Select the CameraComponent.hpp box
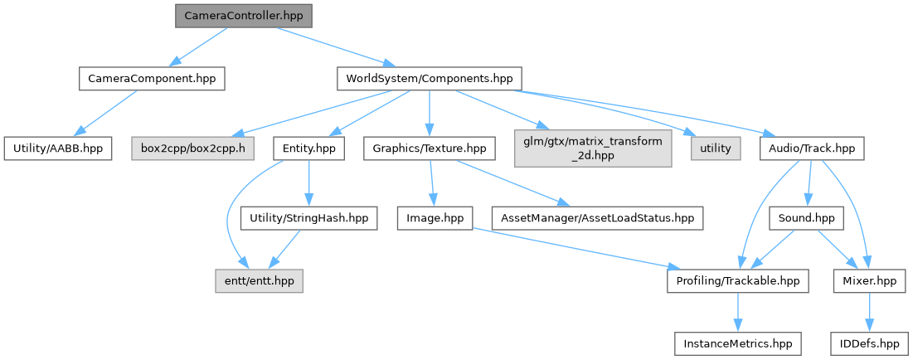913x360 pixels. click(152, 79)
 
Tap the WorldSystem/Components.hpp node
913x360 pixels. click(429, 79)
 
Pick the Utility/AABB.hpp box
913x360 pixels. click(57, 148)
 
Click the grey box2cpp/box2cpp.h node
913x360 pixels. click(192, 148)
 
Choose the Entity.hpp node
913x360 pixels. click(308, 148)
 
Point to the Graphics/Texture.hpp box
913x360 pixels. click(430, 148)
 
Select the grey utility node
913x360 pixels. click(715, 148)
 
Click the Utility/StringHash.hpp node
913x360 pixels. click(308, 218)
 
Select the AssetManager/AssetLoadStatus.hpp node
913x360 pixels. click(597, 218)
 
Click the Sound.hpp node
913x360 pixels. click(805, 218)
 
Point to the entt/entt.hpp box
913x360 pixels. click(260, 281)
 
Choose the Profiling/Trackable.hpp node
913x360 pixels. click(737, 281)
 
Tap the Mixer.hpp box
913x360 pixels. click(868, 281)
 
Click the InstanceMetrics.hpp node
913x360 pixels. click(737, 343)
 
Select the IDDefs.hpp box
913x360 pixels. click(868, 343)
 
